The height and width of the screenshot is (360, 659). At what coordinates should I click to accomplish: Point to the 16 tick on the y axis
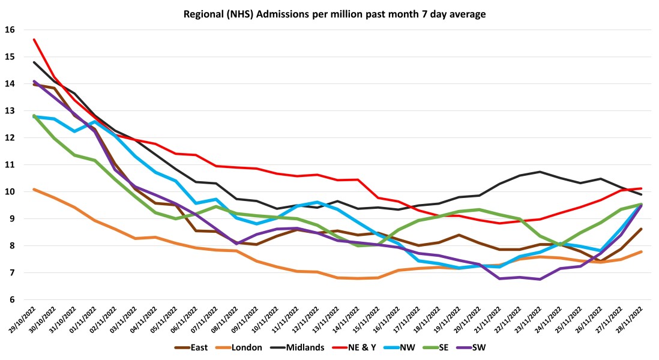pyautogui.click(x=10, y=30)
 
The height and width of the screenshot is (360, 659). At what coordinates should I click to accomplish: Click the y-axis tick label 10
pyautogui.click(x=10, y=192)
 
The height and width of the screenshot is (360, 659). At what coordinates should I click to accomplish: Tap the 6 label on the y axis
pyautogui.click(x=13, y=300)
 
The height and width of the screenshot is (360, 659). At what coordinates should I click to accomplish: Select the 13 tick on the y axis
pyautogui.click(x=10, y=111)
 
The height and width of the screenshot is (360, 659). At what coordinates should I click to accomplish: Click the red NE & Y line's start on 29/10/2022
pyautogui.click(x=34, y=40)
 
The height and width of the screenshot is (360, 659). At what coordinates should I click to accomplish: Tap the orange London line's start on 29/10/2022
pyautogui.click(x=34, y=189)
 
